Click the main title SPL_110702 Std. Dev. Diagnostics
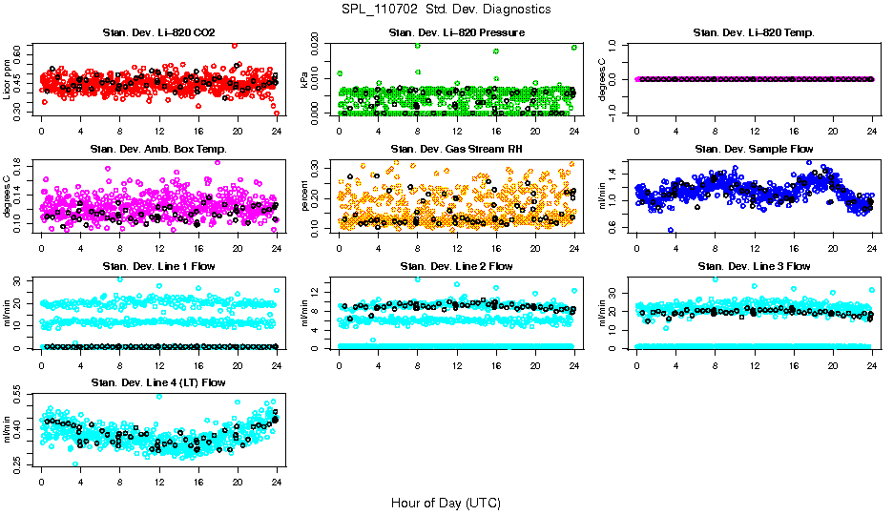coord(446,9)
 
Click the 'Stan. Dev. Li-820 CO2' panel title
coord(158,33)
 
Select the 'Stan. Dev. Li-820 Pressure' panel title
coord(456,33)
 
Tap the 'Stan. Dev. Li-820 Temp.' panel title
coord(754,33)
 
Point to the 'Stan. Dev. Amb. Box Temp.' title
coord(158,150)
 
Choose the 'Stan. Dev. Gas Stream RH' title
coord(456,150)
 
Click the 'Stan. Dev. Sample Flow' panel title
coord(754,150)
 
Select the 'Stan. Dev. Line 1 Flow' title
coord(158,266)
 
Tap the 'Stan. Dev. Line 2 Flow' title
coord(456,266)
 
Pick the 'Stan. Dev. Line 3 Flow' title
coord(754,266)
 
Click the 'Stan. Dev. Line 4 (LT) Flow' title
coord(158,382)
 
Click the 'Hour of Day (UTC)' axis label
coord(446,502)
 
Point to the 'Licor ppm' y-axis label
coord(8,78)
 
